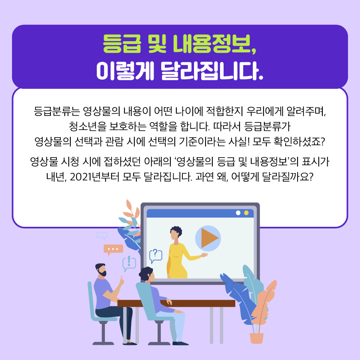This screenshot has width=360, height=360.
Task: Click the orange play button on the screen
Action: coord(208,238)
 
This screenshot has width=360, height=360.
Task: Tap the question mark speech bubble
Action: coord(156,256)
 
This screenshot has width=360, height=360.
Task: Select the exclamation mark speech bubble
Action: coord(129,263)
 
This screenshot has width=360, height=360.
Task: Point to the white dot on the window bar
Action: coord(238,213)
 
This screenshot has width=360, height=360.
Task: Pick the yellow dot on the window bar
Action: coord(246,213)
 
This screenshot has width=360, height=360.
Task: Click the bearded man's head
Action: coord(101,270)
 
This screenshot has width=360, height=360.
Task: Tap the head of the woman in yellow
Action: coord(176,233)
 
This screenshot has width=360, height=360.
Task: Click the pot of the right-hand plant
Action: coord(256,338)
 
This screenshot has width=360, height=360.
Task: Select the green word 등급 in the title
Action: coord(122,44)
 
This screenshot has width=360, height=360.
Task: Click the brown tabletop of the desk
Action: coord(176,303)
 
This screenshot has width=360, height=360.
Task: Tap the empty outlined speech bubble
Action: coord(102,236)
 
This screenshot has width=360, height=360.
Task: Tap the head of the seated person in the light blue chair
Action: coord(146,274)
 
